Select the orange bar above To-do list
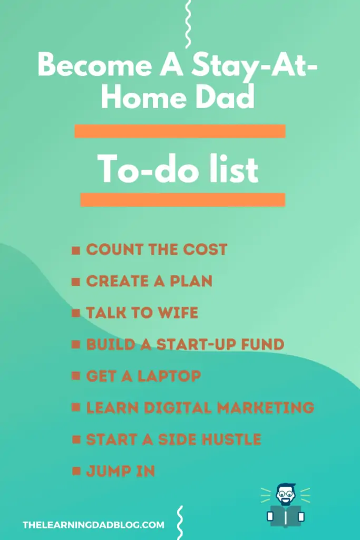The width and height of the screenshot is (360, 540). click(x=180, y=131)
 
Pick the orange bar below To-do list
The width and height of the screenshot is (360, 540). click(x=183, y=200)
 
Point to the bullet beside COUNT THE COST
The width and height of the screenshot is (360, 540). click(x=76, y=250)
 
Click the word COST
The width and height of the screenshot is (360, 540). click(x=205, y=249)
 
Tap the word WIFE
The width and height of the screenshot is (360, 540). click(x=178, y=313)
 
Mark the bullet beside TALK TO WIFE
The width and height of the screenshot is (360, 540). click(x=76, y=313)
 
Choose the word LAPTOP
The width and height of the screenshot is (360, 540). click(x=169, y=376)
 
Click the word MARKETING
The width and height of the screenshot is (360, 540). click(x=266, y=408)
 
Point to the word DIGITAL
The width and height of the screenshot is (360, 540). click(x=178, y=408)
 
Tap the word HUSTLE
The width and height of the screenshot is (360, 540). click(x=231, y=439)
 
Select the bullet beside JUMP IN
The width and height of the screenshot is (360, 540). click(x=76, y=471)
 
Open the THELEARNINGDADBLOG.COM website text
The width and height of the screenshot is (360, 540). click(x=93, y=525)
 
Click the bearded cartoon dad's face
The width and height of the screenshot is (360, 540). click(x=285, y=495)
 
